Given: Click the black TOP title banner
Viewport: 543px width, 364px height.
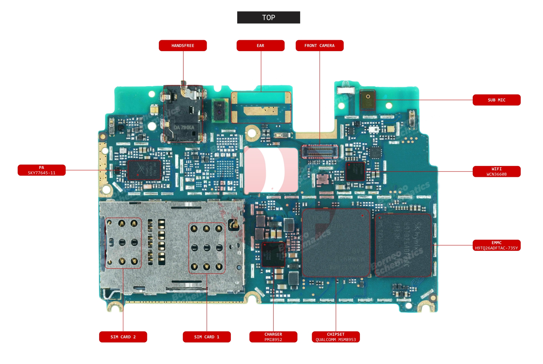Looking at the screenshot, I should (268, 18).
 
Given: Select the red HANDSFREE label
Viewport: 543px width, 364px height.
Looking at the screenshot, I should (183, 46).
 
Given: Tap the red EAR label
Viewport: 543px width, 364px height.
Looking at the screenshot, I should (260, 46).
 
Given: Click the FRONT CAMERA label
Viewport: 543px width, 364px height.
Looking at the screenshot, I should (319, 46).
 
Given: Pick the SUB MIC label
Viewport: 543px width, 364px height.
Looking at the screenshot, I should (496, 100).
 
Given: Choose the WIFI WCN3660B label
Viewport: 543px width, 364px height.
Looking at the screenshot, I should (496, 172).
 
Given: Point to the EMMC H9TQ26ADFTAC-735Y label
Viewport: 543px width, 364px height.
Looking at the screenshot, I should (496, 245).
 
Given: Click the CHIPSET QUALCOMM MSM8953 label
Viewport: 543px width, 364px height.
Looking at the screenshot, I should (336, 337).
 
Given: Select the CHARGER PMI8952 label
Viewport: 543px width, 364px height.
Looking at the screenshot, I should (273, 337).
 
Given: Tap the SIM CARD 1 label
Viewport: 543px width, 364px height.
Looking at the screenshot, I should (207, 337).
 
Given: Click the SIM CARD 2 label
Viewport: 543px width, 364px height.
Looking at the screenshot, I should (123, 337).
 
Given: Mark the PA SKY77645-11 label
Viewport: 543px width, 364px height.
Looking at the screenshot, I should (41, 170).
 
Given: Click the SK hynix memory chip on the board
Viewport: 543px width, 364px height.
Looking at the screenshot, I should (403, 245).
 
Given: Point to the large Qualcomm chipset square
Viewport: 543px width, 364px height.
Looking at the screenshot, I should (336, 243).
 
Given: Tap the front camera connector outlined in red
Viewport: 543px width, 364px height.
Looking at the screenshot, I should (320, 152).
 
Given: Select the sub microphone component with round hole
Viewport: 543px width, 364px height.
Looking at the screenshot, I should (368, 100).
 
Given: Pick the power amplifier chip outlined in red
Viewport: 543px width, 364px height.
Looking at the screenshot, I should (144, 170).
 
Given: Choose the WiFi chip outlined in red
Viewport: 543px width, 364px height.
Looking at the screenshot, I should (355, 171).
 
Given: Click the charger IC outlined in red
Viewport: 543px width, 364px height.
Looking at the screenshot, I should (273, 255).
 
